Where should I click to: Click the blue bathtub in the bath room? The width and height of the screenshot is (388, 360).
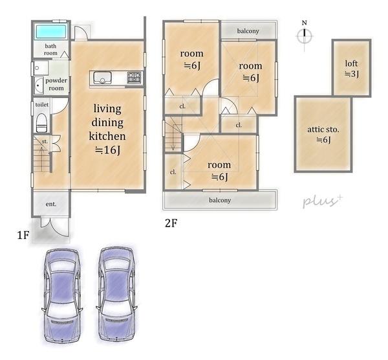pos(51,32)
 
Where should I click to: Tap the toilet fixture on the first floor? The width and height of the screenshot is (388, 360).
pos(41,123)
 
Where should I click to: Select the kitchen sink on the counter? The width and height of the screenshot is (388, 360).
pos(102,77)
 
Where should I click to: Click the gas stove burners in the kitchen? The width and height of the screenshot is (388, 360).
pos(134,78)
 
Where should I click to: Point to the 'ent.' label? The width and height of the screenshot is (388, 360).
pos(51,204)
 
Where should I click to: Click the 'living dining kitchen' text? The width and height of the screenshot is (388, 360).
pos(107,122)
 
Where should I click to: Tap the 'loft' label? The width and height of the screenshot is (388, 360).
pos(351,63)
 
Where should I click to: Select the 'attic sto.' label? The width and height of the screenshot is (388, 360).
pos(323,129)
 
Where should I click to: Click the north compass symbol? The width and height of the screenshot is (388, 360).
pos(305,36)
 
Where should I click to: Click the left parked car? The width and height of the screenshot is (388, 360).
pos(62,296)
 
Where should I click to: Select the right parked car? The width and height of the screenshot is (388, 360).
pos(116,295)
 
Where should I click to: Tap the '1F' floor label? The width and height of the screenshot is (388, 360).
pos(23,235)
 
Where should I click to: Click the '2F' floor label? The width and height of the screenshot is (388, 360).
pos(171,223)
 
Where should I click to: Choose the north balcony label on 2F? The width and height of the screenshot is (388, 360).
pos(248,31)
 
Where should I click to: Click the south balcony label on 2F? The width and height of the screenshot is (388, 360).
pos(220,200)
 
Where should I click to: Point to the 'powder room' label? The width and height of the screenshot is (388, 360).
pos(56,84)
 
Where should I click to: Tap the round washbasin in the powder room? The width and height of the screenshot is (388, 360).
pos(38,85)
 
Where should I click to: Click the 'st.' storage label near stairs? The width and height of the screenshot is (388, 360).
pos(45,142)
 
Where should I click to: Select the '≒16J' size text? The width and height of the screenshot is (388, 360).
pos(108,150)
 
